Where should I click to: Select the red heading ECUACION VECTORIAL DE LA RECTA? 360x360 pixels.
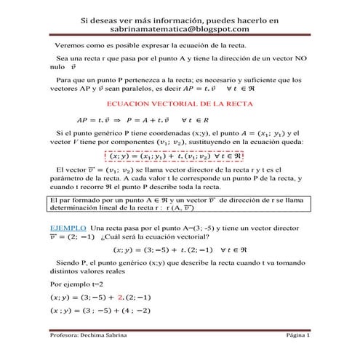click(x=180, y=104)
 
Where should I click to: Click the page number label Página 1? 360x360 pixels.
click(x=297, y=337)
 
